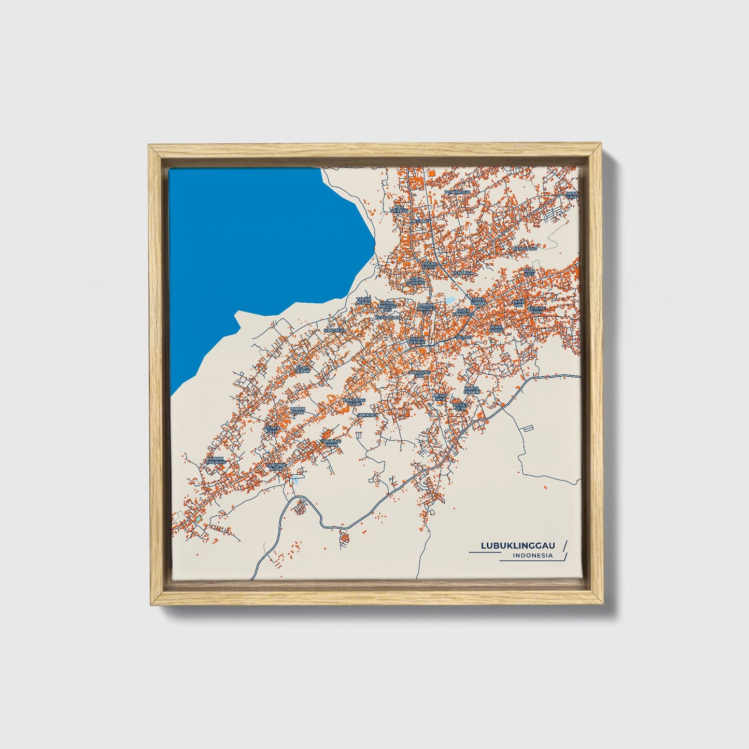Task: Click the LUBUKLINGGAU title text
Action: pos(518,545)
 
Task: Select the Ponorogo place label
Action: pos(457,192)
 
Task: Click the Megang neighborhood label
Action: pos(420,221)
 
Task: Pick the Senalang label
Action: pos(525,248)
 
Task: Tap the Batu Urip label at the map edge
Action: pos(572,195)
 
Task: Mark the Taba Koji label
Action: pos(529,272)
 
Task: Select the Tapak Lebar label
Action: pos(363,301)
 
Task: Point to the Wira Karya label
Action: pos(496,329)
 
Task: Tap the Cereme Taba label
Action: pos(536,310)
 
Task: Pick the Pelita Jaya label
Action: pos(272,429)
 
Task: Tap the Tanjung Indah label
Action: pos(275,467)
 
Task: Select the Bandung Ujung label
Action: pos(355,402)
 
